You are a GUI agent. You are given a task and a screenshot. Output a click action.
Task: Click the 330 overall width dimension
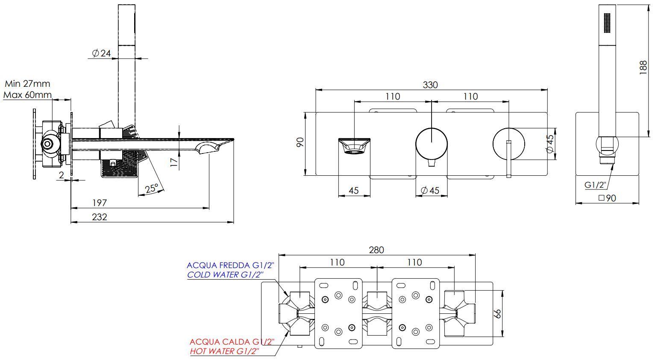pyautogui.click(x=430, y=85)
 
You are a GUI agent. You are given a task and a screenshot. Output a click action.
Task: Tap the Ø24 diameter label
pyautogui.click(x=101, y=53)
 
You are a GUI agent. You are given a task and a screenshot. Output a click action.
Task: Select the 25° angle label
pyautogui.click(x=152, y=189)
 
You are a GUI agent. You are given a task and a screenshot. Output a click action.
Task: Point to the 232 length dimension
pyautogui.click(x=100, y=217)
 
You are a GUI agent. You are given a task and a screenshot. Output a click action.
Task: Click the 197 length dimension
pyautogui.click(x=100, y=202)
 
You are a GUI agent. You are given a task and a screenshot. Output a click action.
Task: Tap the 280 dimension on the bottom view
pyautogui.click(x=376, y=250)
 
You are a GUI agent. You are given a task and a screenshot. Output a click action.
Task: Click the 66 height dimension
pyautogui.click(x=497, y=313)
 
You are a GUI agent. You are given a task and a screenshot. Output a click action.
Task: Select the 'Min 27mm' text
pyautogui.click(x=27, y=84)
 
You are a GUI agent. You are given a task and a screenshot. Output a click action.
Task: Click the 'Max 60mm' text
pyautogui.click(x=27, y=94)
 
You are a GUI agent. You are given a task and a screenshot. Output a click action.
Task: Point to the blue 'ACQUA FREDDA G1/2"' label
pyautogui.click(x=230, y=266)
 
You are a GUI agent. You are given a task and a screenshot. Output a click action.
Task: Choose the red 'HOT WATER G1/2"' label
pyautogui.click(x=225, y=351)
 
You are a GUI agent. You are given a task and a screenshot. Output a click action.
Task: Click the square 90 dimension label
pyautogui.click(x=607, y=198)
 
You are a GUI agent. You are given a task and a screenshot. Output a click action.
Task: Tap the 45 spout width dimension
pyautogui.click(x=354, y=190)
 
